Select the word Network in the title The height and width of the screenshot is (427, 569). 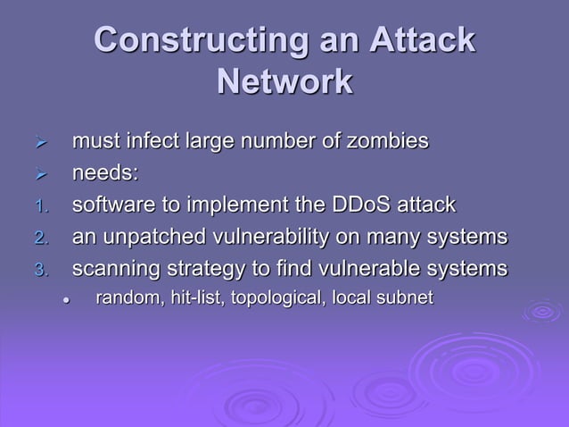[x=284, y=82]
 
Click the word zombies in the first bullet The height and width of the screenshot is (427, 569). [x=384, y=141]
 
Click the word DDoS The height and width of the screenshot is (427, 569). [x=343, y=205]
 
